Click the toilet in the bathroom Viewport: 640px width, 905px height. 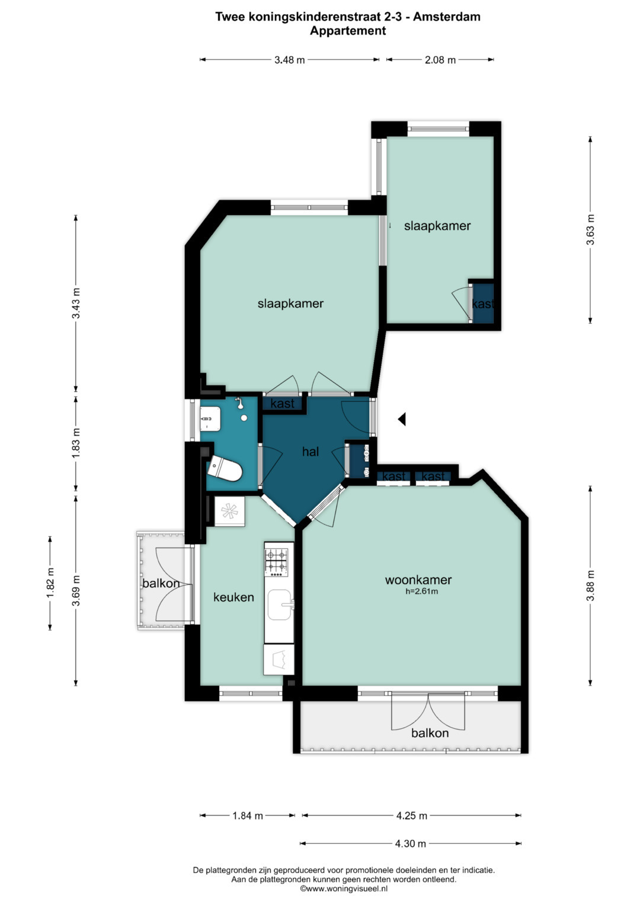coord(224,469)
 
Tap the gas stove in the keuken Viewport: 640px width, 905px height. coord(276,562)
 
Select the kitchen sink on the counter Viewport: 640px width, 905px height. coord(280,604)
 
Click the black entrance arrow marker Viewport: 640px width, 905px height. coord(402,420)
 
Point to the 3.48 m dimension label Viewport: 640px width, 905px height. coord(289,60)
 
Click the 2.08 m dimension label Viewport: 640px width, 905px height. coord(440,60)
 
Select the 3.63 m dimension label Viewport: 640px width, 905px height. coord(590,230)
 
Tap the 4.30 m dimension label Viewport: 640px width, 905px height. coord(411,843)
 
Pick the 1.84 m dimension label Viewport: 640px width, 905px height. coord(248,816)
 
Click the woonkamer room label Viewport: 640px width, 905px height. coord(418,580)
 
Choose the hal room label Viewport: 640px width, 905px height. coord(311,452)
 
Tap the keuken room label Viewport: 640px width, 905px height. coord(233,597)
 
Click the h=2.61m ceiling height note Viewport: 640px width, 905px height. coord(422,591)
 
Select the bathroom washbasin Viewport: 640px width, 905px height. coord(210,418)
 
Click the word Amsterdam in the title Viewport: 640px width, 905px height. coord(446,17)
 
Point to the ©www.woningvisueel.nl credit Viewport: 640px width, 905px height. coord(344,888)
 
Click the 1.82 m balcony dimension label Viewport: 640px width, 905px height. coord(50,583)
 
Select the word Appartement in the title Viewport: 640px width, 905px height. coord(348,31)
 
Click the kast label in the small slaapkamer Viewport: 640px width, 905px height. coord(482,304)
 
